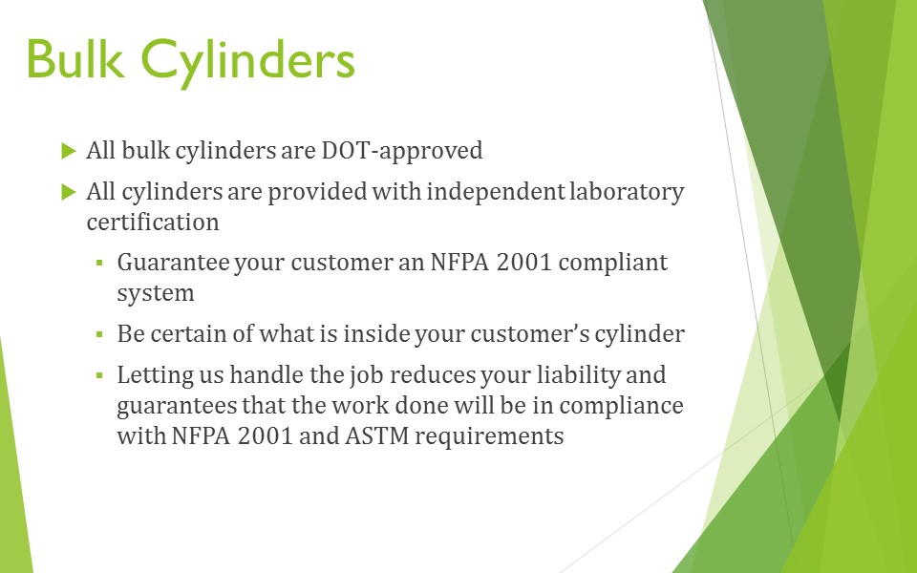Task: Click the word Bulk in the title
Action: click(x=75, y=58)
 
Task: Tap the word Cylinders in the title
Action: click(x=248, y=63)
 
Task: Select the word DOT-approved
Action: click(x=402, y=151)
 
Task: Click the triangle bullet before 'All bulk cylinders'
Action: click(x=69, y=151)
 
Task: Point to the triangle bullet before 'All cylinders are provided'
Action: click(x=69, y=192)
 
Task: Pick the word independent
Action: click(x=496, y=192)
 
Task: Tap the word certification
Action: click(x=153, y=223)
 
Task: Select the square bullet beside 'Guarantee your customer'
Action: click(x=99, y=264)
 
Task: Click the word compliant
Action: click(x=613, y=264)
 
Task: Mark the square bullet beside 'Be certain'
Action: click(x=99, y=335)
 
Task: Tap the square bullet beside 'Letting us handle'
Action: click(x=99, y=375)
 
